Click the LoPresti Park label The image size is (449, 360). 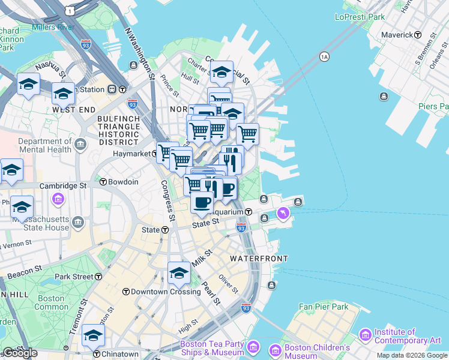click(360, 17)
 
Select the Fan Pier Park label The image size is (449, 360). click(324, 307)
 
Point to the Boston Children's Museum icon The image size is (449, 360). click(275, 349)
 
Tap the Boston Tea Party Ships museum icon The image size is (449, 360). click(253, 347)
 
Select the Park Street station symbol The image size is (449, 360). click(99, 277)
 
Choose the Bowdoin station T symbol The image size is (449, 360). click(103, 182)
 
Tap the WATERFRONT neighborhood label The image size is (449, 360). click(259, 259)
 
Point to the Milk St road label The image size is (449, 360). click(202, 260)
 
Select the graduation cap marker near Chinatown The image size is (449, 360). click(93, 336)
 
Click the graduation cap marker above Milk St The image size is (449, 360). click(179, 274)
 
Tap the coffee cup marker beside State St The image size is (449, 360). click(202, 203)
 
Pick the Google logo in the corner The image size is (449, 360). click(20, 353)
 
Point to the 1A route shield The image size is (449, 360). click(325, 56)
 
